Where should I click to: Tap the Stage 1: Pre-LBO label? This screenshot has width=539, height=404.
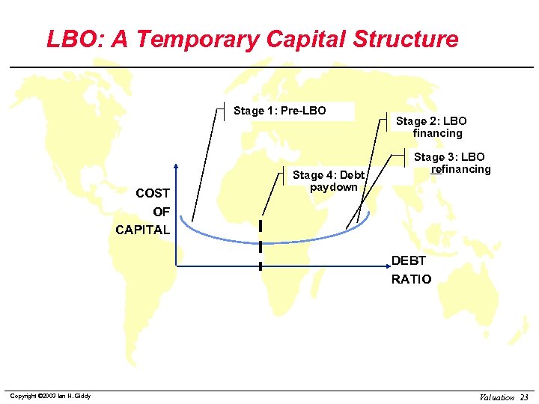(279, 111)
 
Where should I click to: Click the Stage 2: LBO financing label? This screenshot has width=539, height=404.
(432, 127)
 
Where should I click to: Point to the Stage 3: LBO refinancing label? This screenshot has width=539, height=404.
(451, 163)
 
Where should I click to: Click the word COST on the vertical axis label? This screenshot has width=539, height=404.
(152, 194)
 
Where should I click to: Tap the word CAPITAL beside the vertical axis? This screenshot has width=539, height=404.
(142, 230)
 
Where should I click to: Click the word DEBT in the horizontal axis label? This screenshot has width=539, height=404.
(408, 261)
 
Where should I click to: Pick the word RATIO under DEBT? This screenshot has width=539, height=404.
(411, 279)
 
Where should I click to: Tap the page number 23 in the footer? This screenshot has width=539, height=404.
(524, 397)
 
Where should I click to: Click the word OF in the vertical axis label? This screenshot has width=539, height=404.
(161, 212)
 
